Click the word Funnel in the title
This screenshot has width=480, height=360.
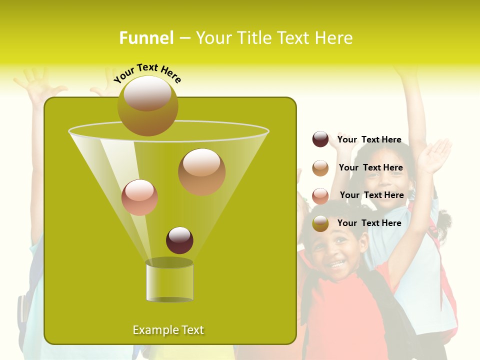click(x=146, y=38)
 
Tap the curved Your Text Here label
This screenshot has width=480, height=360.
click(x=147, y=73)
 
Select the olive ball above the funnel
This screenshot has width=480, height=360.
click(x=148, y=106)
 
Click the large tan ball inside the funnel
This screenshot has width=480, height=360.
click(x=201, y=172)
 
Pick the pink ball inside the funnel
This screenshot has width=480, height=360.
click(x=139, y=197)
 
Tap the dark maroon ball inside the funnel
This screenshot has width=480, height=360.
click(x=179, y=240)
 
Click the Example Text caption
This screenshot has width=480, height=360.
click(x=168, y=330)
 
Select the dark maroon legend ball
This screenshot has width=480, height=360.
click(x=320, y=139)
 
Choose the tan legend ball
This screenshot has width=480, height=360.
click(x=320, y=168)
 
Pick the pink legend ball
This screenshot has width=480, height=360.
click(x=320, y=195)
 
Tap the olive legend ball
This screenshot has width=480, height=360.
click(x=320, y=223)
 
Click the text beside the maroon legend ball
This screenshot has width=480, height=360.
click(x=369, y=140)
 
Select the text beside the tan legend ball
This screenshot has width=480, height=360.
click(x=370, y=168)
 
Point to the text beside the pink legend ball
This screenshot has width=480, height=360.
click(x=371, y=195)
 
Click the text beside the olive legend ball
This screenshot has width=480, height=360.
click(x=369, y=223)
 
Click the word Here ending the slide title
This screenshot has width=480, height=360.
click(x=334, y=38)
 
